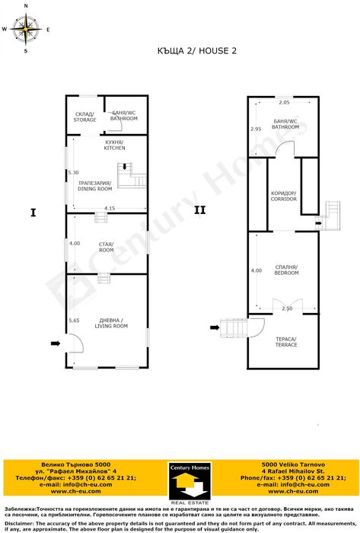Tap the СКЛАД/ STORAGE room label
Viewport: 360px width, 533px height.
pos(84,116)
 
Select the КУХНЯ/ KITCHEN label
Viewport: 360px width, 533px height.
pos(115,145)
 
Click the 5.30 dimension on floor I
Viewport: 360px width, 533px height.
pos(73,173)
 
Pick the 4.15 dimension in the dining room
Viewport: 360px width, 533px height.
pos(110,208)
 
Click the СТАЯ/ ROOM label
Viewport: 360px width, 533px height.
pos(106,247)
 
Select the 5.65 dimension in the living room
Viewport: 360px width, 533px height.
pos(74,321)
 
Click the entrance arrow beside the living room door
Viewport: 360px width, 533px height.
pos(55,343)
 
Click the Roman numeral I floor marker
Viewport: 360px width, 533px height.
pos(33,212)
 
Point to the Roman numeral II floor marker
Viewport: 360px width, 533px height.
pos(199,209)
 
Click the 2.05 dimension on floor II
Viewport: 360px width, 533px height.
pos(283,103)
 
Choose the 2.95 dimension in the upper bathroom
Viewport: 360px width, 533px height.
pos(256,129)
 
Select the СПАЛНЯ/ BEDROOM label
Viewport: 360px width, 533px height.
pos(286,269)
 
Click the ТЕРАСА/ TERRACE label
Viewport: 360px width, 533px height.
pos(285,341)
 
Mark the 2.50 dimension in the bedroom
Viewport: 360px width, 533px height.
pos(286,308)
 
